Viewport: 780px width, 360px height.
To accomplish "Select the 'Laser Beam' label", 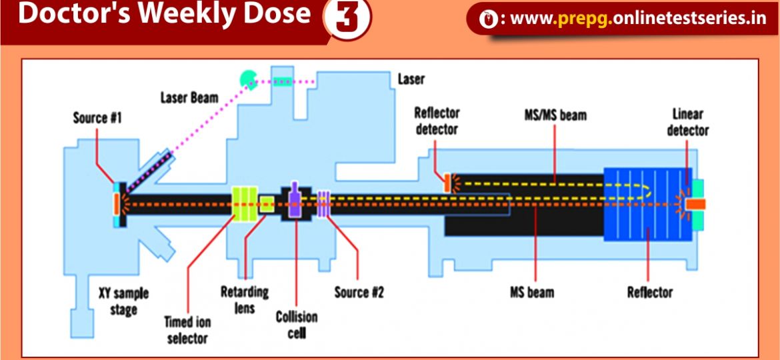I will click(x=189, y=97).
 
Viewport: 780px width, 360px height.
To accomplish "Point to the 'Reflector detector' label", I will click(x=437, y=121).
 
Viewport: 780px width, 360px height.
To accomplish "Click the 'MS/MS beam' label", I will click(x=555, y=115).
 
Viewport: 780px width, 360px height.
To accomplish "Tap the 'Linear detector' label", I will click(x=687, y=121).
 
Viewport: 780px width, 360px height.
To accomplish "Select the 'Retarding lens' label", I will click(x=245, y=299).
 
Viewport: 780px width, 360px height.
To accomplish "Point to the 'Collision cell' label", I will click(x=297, y=325).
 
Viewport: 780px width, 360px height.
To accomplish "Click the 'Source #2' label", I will click(x=359, y=292).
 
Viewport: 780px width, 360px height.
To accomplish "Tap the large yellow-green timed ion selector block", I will click(x=243, y=203).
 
